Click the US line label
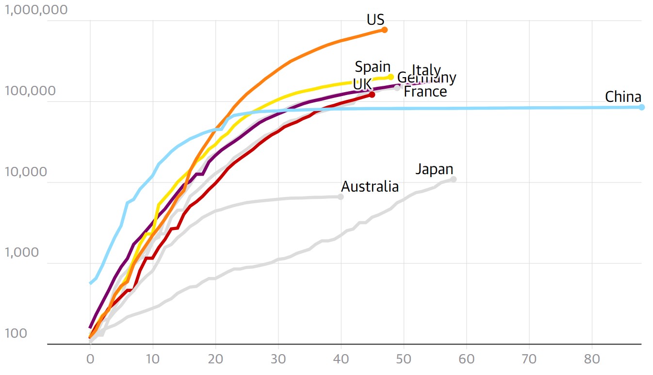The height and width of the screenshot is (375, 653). (375, 19)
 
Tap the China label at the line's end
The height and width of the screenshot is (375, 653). (623, 97)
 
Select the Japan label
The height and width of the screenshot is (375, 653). (434, 169)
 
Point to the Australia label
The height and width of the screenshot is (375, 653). (370, 186)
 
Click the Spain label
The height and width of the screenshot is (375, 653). (373, 67)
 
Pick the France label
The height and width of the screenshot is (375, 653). (425, 92)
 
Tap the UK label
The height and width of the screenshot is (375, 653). (362, 84)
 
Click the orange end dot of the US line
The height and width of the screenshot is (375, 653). (385, 30)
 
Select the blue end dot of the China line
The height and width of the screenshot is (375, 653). (641, 107)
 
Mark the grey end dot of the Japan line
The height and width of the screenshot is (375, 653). (453, 179)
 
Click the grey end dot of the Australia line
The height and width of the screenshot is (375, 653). (341, 196)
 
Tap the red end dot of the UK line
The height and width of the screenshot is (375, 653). (372, 95)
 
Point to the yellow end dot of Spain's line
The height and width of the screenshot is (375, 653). (391, 77)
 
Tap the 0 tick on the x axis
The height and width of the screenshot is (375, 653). (90, 359)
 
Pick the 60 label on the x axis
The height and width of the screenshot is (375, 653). (466, 359)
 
